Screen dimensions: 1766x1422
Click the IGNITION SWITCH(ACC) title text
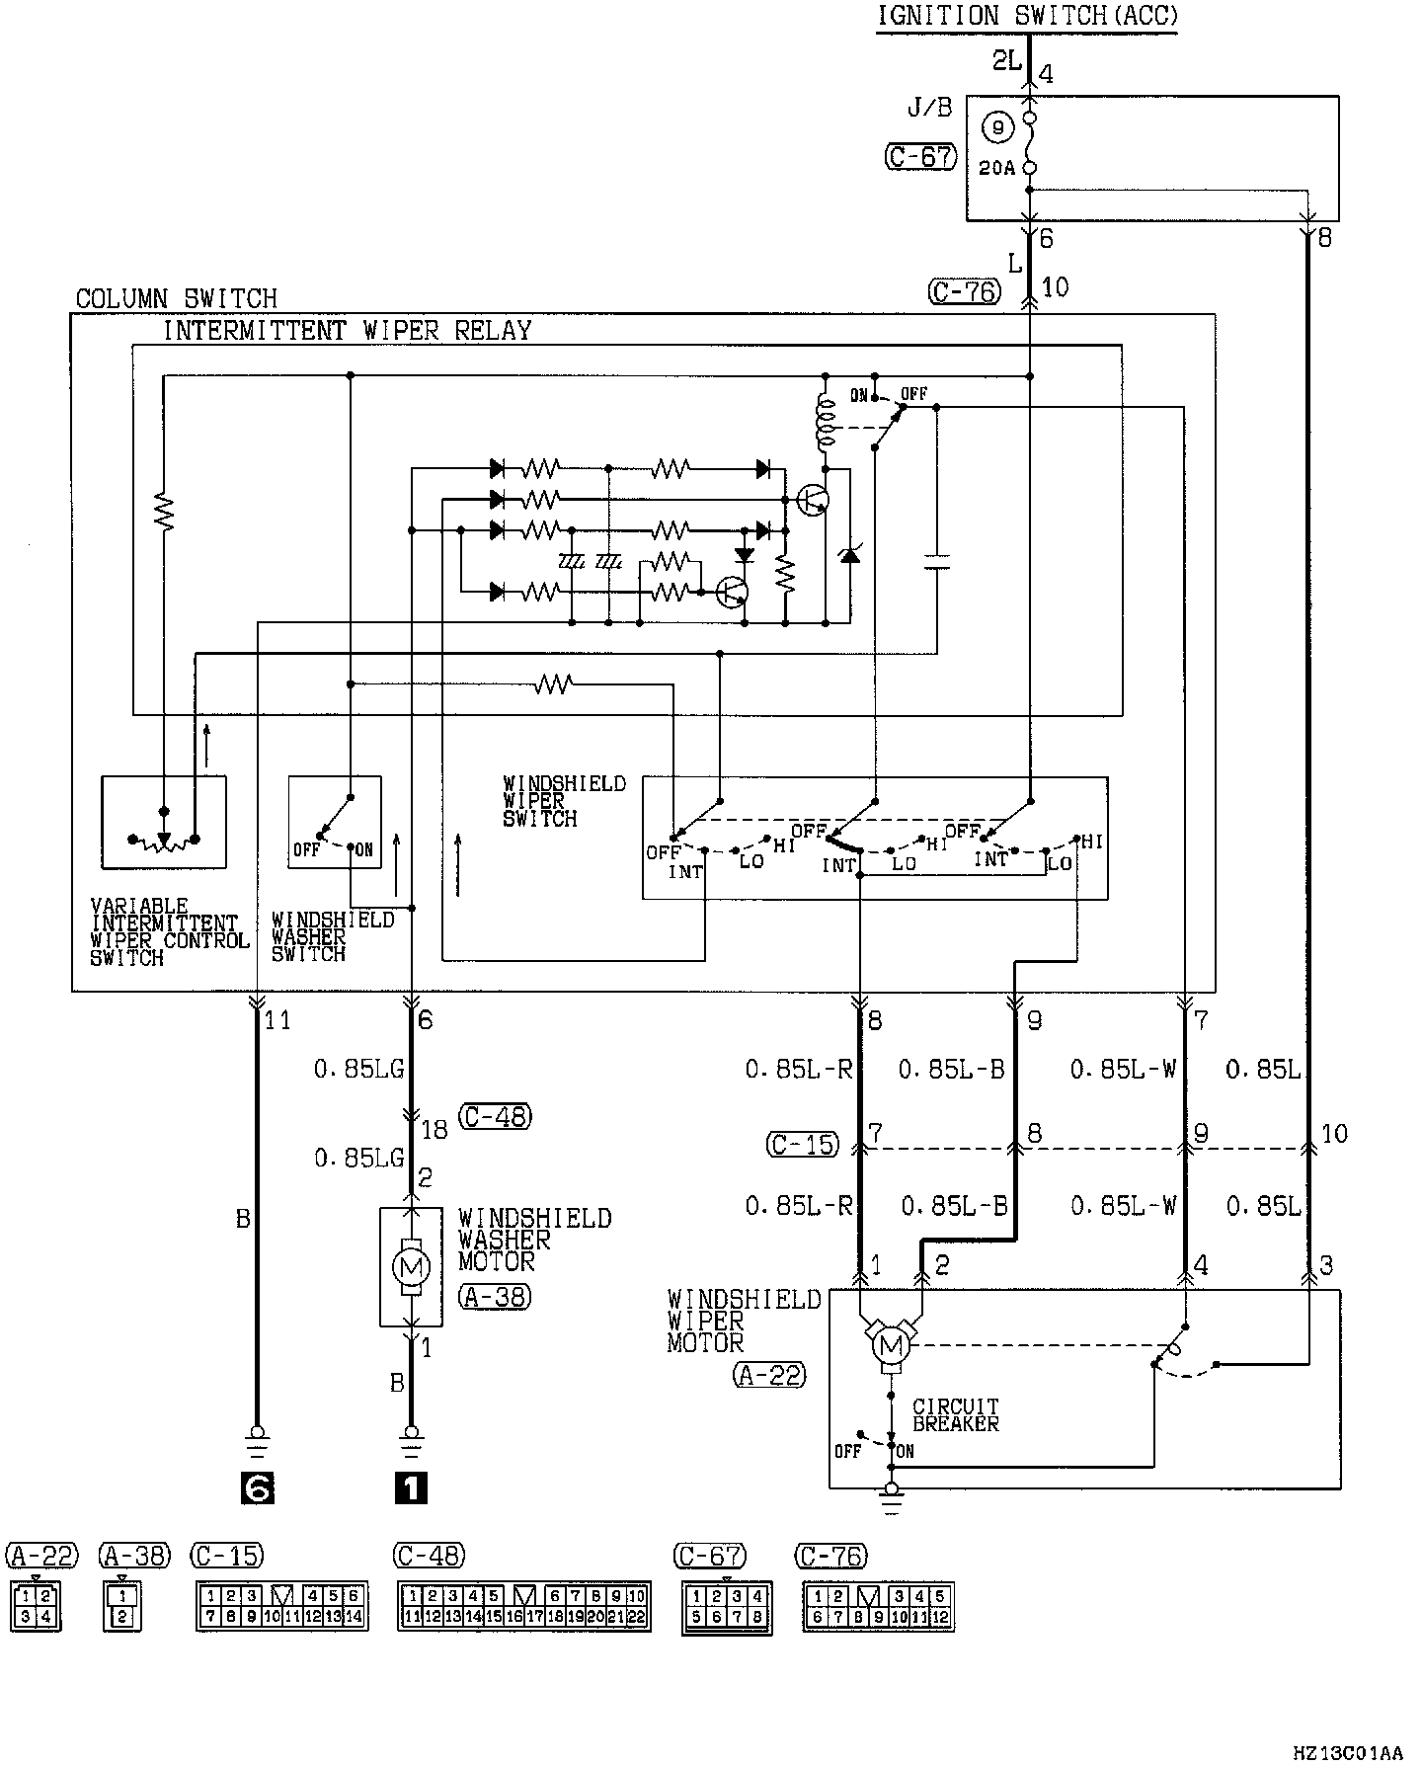[x=1027, y=16]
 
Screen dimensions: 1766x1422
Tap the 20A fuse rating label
[x=996, y=169]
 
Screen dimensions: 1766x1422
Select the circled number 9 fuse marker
[x=997, y=126]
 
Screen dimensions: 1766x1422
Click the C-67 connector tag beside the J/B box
[x=920, y=157]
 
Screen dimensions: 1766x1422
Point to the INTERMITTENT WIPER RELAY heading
[x=347, y=331]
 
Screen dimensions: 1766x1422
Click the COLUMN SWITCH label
[x=176, y=298]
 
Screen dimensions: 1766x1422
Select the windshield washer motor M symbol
[x=410, y=1265]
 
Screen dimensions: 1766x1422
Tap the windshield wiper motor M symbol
[x=892, y=1345]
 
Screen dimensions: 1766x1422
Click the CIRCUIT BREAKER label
[x=955, y=1414]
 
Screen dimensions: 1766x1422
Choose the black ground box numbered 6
[x=257, y=1487]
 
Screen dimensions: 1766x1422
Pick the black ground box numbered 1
[x=411, y=1487]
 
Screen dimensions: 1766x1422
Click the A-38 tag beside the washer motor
[x=495, y=1296]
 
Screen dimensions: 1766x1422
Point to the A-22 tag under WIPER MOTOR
[x=769, y=1374]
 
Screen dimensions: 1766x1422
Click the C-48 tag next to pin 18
[x=495, y=1117]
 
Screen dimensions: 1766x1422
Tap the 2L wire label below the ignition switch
[x=1006, y=61]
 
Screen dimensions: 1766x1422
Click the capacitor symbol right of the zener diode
[x=936, y=562]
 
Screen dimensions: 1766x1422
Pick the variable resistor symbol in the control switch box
[x=164, y=840]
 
